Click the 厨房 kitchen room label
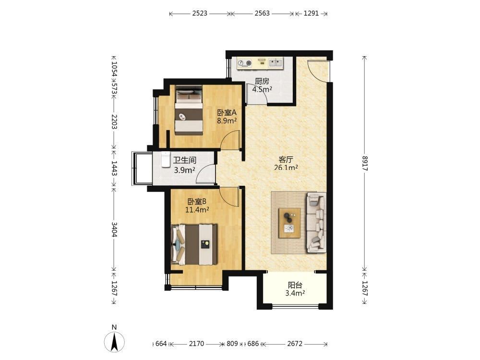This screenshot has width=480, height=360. pos(262,82)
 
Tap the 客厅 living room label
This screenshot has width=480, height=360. pos(286,159)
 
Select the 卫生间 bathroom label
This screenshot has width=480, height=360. pos(185,160)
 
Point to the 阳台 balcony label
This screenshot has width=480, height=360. pos(295,285)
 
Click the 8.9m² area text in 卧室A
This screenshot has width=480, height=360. pos(227,120)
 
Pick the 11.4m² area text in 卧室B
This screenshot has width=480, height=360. pos(197,210)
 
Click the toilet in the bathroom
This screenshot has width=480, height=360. pos(166,159)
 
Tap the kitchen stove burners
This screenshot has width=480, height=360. pos(245,63)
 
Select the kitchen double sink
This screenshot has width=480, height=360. pos(276,63)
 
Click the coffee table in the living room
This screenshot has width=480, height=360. pos(289,223)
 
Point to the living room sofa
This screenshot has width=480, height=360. pos(316,223)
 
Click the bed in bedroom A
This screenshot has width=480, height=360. pos(189,110)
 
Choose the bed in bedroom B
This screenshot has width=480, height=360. pos(194,245)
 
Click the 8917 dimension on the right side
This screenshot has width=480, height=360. pos(365,164)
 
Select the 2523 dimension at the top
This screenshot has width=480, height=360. pos(200,13)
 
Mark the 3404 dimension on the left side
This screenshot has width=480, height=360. pos(114,229)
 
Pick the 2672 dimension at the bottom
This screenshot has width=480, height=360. pos(295,344)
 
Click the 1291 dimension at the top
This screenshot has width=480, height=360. pos(312,13)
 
